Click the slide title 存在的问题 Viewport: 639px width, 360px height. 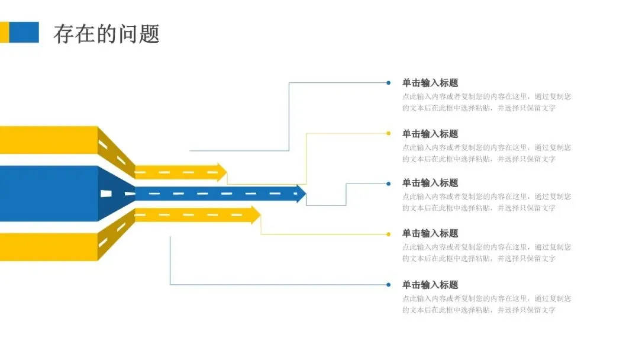106,34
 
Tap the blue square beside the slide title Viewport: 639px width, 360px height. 24,33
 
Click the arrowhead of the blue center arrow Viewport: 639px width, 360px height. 301,194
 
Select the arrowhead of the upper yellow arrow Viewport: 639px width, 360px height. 222,172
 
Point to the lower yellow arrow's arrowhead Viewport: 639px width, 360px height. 256,214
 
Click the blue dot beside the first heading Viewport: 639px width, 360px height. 388,83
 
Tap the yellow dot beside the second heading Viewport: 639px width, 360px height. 388,133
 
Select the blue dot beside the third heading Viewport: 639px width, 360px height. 388,184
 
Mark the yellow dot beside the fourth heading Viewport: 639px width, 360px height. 388,234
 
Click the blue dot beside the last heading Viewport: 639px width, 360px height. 388,285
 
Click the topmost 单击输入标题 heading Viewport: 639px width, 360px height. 430,83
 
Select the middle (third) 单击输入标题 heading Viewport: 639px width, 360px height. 430,183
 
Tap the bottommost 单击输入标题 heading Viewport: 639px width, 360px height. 430,285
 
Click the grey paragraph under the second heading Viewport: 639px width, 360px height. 486,153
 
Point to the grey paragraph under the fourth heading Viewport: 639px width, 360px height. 486,253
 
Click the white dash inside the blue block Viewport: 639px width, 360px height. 106,194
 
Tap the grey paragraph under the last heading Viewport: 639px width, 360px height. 486,304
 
